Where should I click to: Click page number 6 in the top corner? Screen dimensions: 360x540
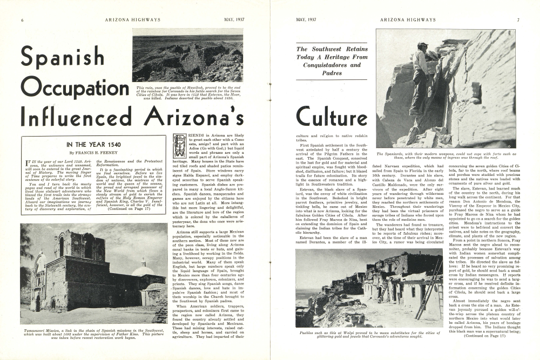click(x=22, y=20)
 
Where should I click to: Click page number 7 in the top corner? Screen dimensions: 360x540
click(x=518, y=20)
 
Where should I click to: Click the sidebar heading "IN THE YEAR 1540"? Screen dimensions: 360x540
click(x=93, y=145)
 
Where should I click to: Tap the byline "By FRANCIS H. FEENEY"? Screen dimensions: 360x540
click(x=93, y=153)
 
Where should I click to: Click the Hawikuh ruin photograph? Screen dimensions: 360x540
click(x=187, y=55)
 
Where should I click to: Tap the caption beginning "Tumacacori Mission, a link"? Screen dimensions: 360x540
click(x=93, y=334)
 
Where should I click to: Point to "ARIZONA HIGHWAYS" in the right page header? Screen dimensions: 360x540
click(x=406, y=20)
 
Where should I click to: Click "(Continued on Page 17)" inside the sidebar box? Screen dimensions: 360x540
click(x=132, y=209)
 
